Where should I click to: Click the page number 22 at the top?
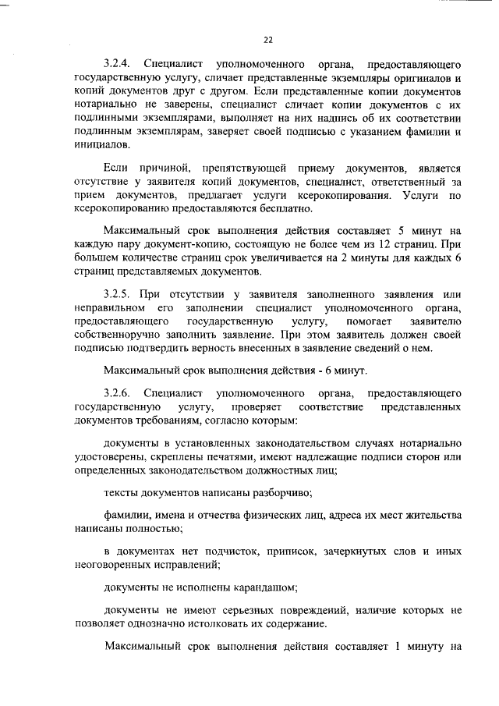click(x=268, y=39)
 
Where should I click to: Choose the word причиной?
click(x=167, y=168)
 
